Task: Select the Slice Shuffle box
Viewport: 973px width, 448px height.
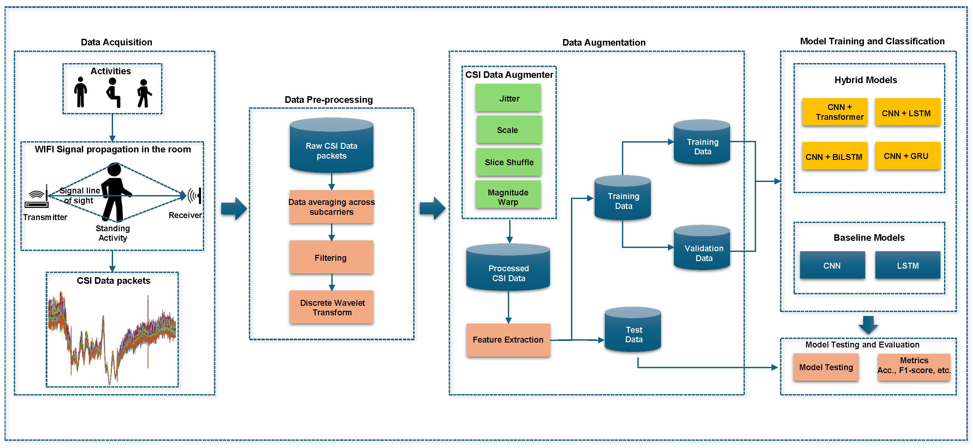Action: click(509, 162)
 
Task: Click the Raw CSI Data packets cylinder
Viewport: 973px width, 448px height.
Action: click(331, 147)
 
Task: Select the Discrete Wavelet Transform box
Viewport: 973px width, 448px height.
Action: click(331, 307)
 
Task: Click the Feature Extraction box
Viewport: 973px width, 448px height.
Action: click(508, 339)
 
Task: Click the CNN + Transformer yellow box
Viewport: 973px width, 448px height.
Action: click(834, 112)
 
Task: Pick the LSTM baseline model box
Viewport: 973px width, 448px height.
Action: click(907, 265)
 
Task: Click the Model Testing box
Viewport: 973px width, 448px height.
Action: click(826, 367)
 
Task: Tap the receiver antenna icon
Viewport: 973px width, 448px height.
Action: click(195, 196)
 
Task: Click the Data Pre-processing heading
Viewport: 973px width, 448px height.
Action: click(328, 100)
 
